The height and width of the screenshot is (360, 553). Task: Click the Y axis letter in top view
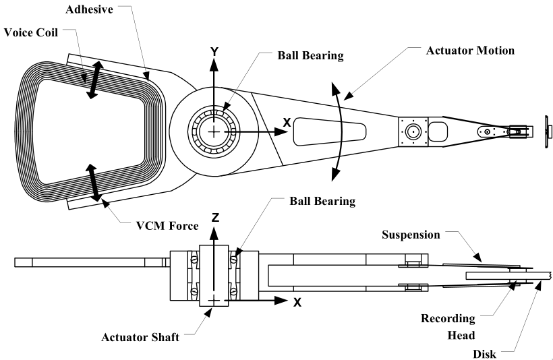point(214,51)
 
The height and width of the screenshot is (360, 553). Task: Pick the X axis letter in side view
point(297,302)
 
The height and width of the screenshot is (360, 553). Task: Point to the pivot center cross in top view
point(214,132)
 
